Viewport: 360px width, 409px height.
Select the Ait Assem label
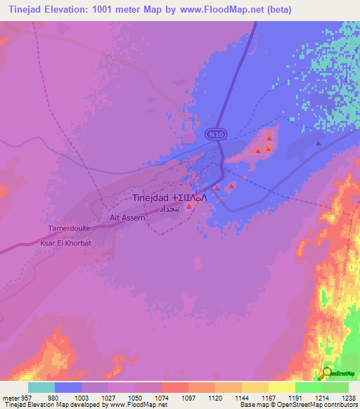[127, 218]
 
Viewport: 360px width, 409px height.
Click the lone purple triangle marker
[318, 143]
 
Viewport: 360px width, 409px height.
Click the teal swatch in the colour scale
[41, 387]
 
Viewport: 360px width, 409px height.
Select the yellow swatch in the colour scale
[281, 387]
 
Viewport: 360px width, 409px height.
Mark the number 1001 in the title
[109, 9]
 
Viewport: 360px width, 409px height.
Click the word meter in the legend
[10, 397]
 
